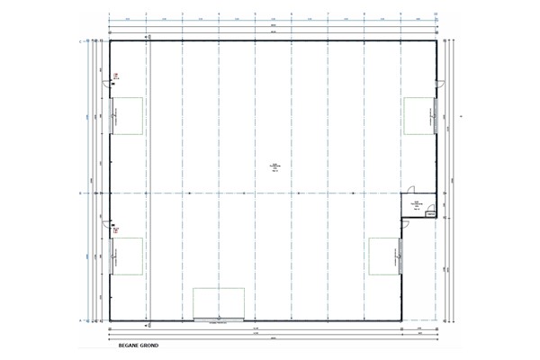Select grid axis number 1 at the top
[x=109, y=14]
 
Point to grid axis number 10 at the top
[x=436, y=14]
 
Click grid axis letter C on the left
[x=80, y=41]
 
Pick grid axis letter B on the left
[x=80, y=193]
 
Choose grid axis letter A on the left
[x=80, y=319]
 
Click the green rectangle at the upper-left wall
[x=127, y=115]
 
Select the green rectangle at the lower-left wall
[x=127, y=256]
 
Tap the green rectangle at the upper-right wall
[x=420, y=115]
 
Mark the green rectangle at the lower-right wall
[x=385, y=256]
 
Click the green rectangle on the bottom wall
[x=219, y=302]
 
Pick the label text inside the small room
[x=418, y=205]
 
